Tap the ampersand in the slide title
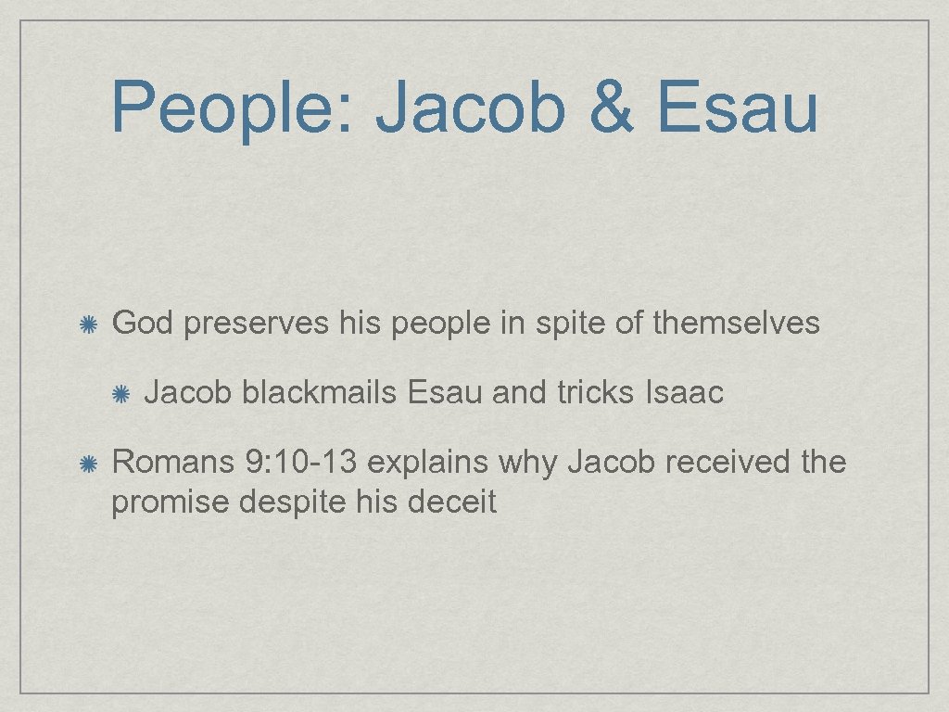tap(611, 107)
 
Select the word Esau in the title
tap(740, 107)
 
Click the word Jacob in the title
tap(471, 107)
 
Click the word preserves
tap(256, 323)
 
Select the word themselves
tap(736, 323)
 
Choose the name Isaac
tap(683, 393)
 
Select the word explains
tap(432, 461)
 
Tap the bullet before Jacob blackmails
tap(120, 394)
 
